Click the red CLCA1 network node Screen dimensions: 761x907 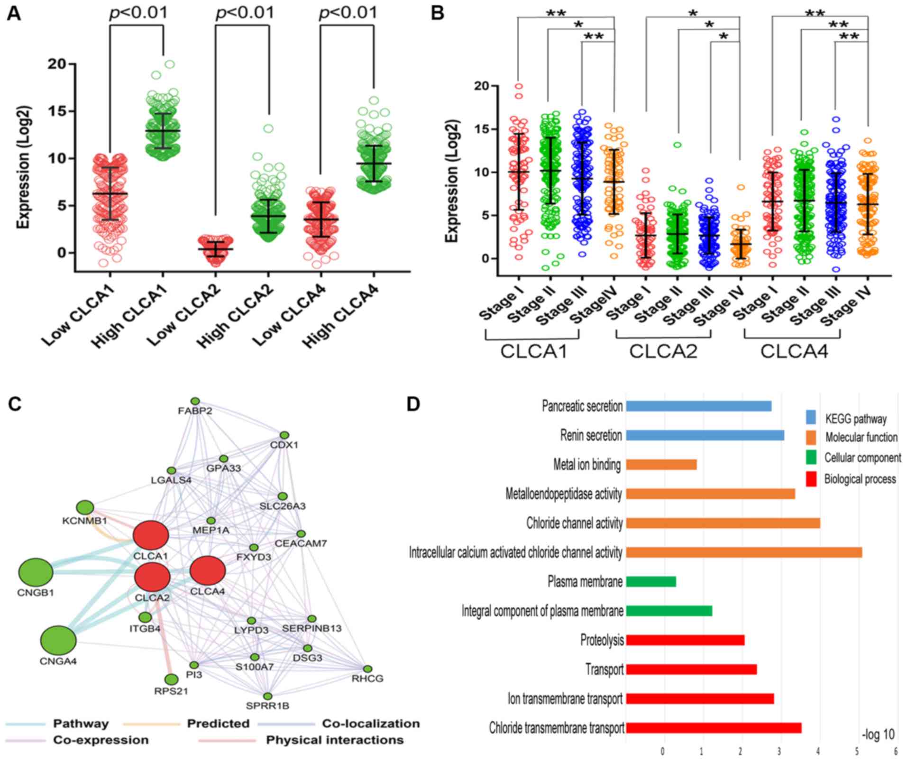tap(151, 535)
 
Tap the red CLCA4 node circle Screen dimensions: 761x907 tap(207, 571)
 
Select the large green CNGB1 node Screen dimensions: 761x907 tap(36, 573)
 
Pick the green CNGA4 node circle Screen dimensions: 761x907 tap(58, 640)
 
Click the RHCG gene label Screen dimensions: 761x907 tap(367, 678)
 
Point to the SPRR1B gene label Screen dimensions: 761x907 tap(267, 706)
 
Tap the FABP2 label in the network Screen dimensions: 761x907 tap(195, 411)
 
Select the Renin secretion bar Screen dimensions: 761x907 tap(705, 435)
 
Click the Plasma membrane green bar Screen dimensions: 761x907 tap(651, 581)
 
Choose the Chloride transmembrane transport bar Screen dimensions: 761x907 tap(714, 728)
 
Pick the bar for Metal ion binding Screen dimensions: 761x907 tap(661, 465)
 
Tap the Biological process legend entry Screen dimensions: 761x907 tap(860, 479)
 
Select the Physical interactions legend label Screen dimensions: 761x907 tap(335, 740)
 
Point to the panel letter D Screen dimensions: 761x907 tap(413, 406)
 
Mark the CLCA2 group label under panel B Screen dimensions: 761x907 tap(663, 351)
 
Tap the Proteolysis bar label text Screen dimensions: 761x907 tap(602, 641)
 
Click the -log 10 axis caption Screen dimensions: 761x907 tap(878, 734)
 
